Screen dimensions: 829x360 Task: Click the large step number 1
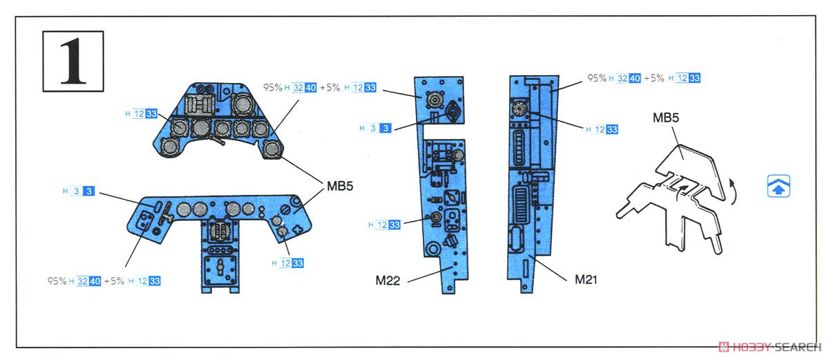pos(73,61)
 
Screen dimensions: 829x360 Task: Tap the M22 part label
pos(388,281)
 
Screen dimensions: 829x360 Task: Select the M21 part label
pos(586,279)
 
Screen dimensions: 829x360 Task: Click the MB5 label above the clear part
pos(666,117)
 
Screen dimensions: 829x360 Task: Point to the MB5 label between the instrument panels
pos(340,186)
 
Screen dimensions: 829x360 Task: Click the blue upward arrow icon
pos(779,186)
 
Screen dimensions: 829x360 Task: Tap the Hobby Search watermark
pos(770,347)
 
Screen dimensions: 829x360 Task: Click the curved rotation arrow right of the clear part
pos(733,191)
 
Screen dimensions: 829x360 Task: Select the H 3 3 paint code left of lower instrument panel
pos(79,191)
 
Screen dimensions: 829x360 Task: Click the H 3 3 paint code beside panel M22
pos(375,128)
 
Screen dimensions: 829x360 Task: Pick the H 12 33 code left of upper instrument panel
pos(142,113)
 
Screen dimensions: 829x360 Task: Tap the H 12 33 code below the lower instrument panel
pos(288,263)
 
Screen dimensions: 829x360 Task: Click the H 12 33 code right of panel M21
pos(602,129)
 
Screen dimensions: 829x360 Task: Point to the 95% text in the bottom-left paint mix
pos(57,281)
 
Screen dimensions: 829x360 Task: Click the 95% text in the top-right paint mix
pos(597,78)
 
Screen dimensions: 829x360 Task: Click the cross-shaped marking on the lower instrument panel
pos(298,229)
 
